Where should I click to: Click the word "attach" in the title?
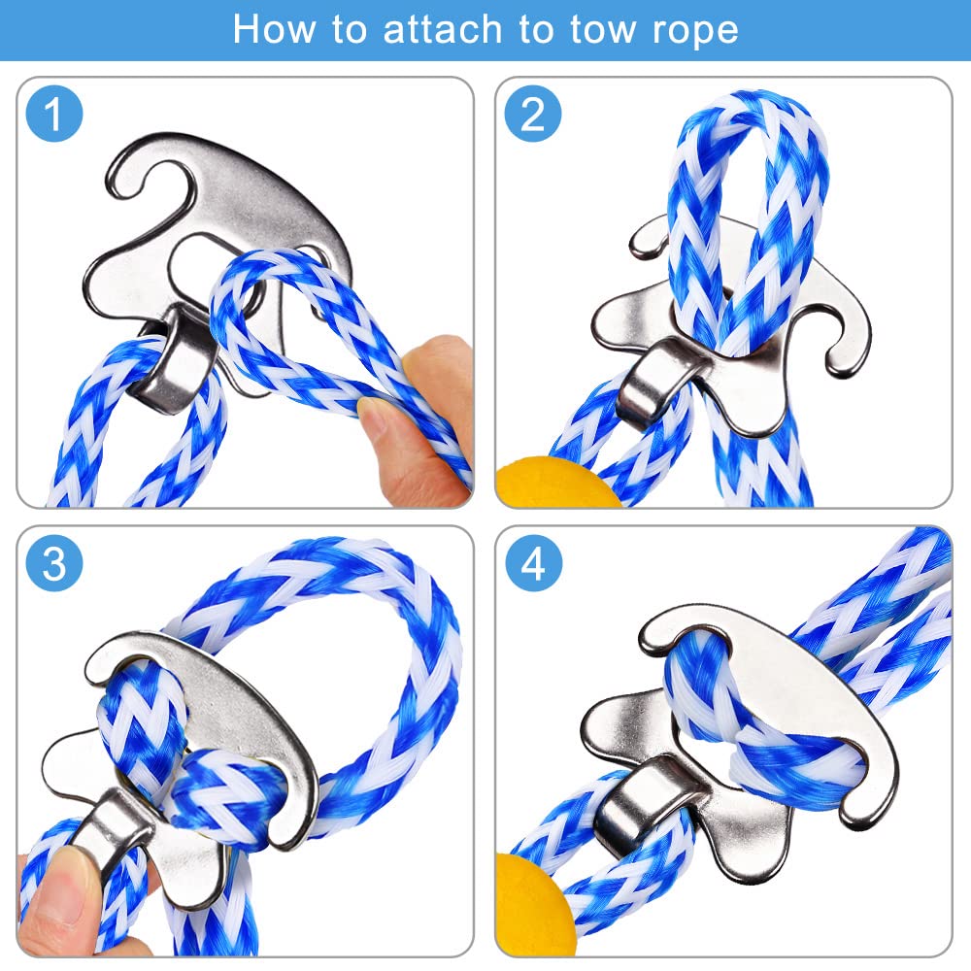point(442,29)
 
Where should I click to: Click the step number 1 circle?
point(53,114)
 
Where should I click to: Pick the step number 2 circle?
point(532,114)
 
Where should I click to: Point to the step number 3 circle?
point(53,563)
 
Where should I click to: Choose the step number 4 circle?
point(533,563)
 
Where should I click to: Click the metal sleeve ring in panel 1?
point(172,360)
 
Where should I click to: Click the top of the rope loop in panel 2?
point(750,106)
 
